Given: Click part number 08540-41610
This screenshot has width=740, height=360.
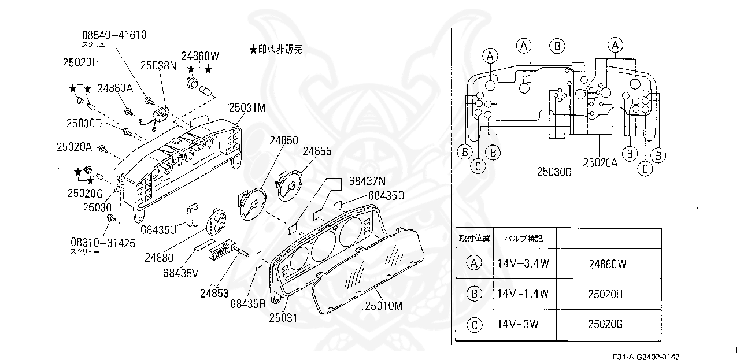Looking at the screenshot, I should [x=114, y=35].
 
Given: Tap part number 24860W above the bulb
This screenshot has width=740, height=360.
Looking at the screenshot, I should [x=200, y=56].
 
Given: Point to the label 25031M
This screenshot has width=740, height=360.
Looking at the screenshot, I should [x=246, y=107].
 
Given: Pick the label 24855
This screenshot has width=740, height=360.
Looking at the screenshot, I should [x=317, y=151].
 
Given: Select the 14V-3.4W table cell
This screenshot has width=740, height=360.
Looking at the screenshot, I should [x=523, y=264].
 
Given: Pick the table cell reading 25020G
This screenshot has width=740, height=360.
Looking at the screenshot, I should [x=605, y=324].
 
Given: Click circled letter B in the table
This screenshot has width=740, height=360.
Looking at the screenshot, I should [x=474, y=294].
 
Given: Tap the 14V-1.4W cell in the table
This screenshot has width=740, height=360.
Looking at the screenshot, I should [x=523, y=294].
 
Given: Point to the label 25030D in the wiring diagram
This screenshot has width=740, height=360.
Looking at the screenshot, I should [x=554, y=172].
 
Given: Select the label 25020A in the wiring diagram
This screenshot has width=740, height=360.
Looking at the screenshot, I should [x=600, y=163].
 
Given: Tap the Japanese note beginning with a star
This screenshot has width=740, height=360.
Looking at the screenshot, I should [x=276, y=50].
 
